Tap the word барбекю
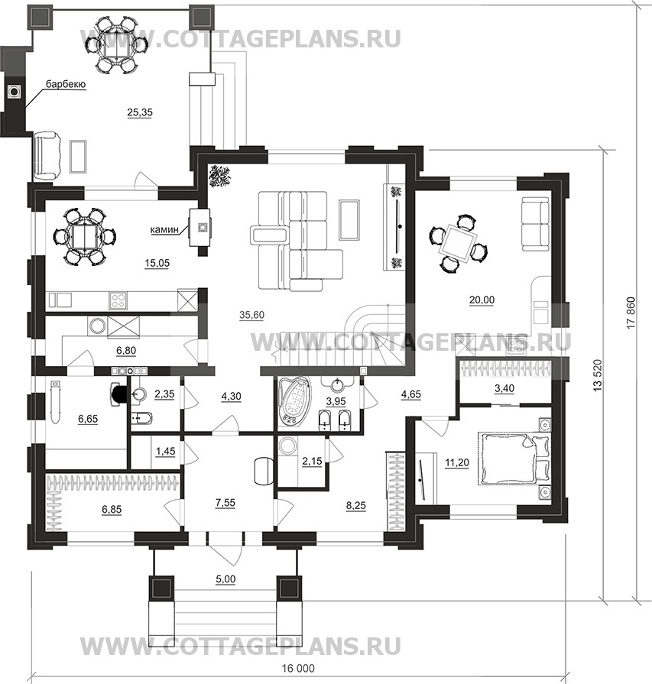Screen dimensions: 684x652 65,84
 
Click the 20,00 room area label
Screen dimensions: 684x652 482,300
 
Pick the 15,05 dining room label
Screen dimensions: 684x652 157,263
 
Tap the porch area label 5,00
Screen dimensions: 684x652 225,579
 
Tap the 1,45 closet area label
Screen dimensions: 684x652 164,452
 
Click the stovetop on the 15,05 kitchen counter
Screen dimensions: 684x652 120,300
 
